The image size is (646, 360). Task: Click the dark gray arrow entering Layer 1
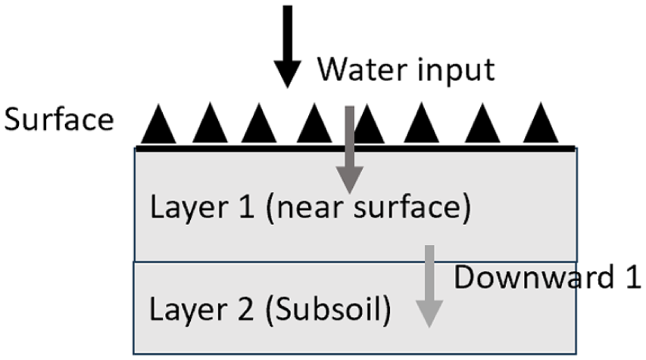pos(350,152)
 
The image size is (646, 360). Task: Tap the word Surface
pos(59,120)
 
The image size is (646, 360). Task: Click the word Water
pos(360,70)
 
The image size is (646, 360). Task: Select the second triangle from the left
pos(210,127)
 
